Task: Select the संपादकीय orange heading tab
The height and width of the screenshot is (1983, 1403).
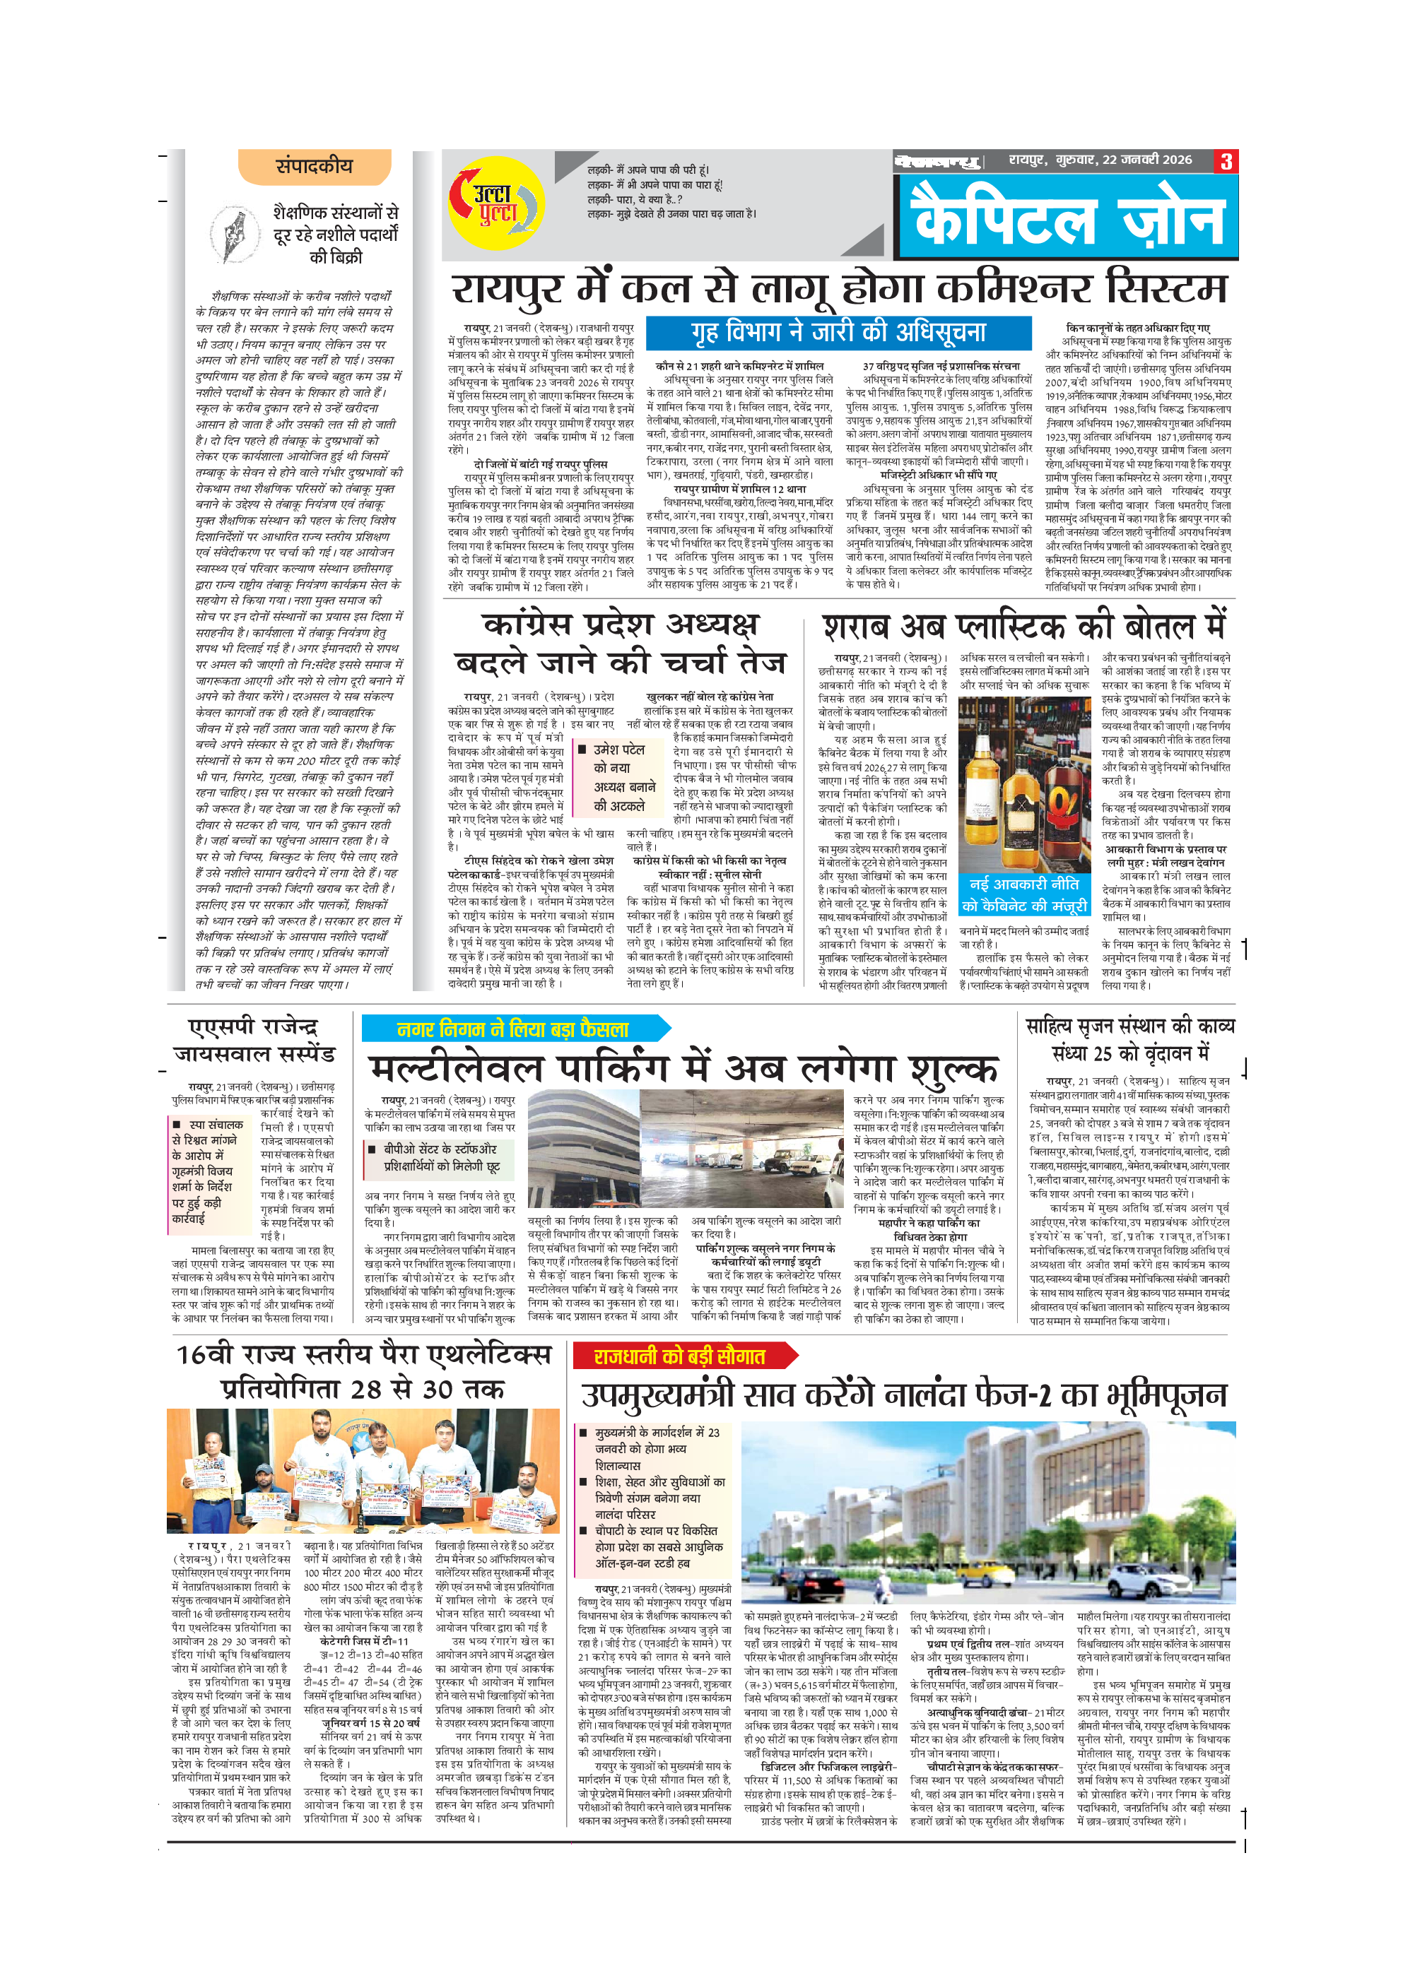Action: (x=315, y=166)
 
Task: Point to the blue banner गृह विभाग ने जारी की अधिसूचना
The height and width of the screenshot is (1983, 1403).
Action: (x=838, y=333)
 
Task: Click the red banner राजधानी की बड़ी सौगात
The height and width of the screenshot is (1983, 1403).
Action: (x=681, y=1356)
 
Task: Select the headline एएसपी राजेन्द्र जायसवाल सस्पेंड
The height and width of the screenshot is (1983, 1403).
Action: (x=255, y=1040)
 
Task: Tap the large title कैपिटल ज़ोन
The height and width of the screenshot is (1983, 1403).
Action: (x=1069, y=218)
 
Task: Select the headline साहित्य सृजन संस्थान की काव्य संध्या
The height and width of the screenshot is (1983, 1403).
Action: (x=1130, y=1039)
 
